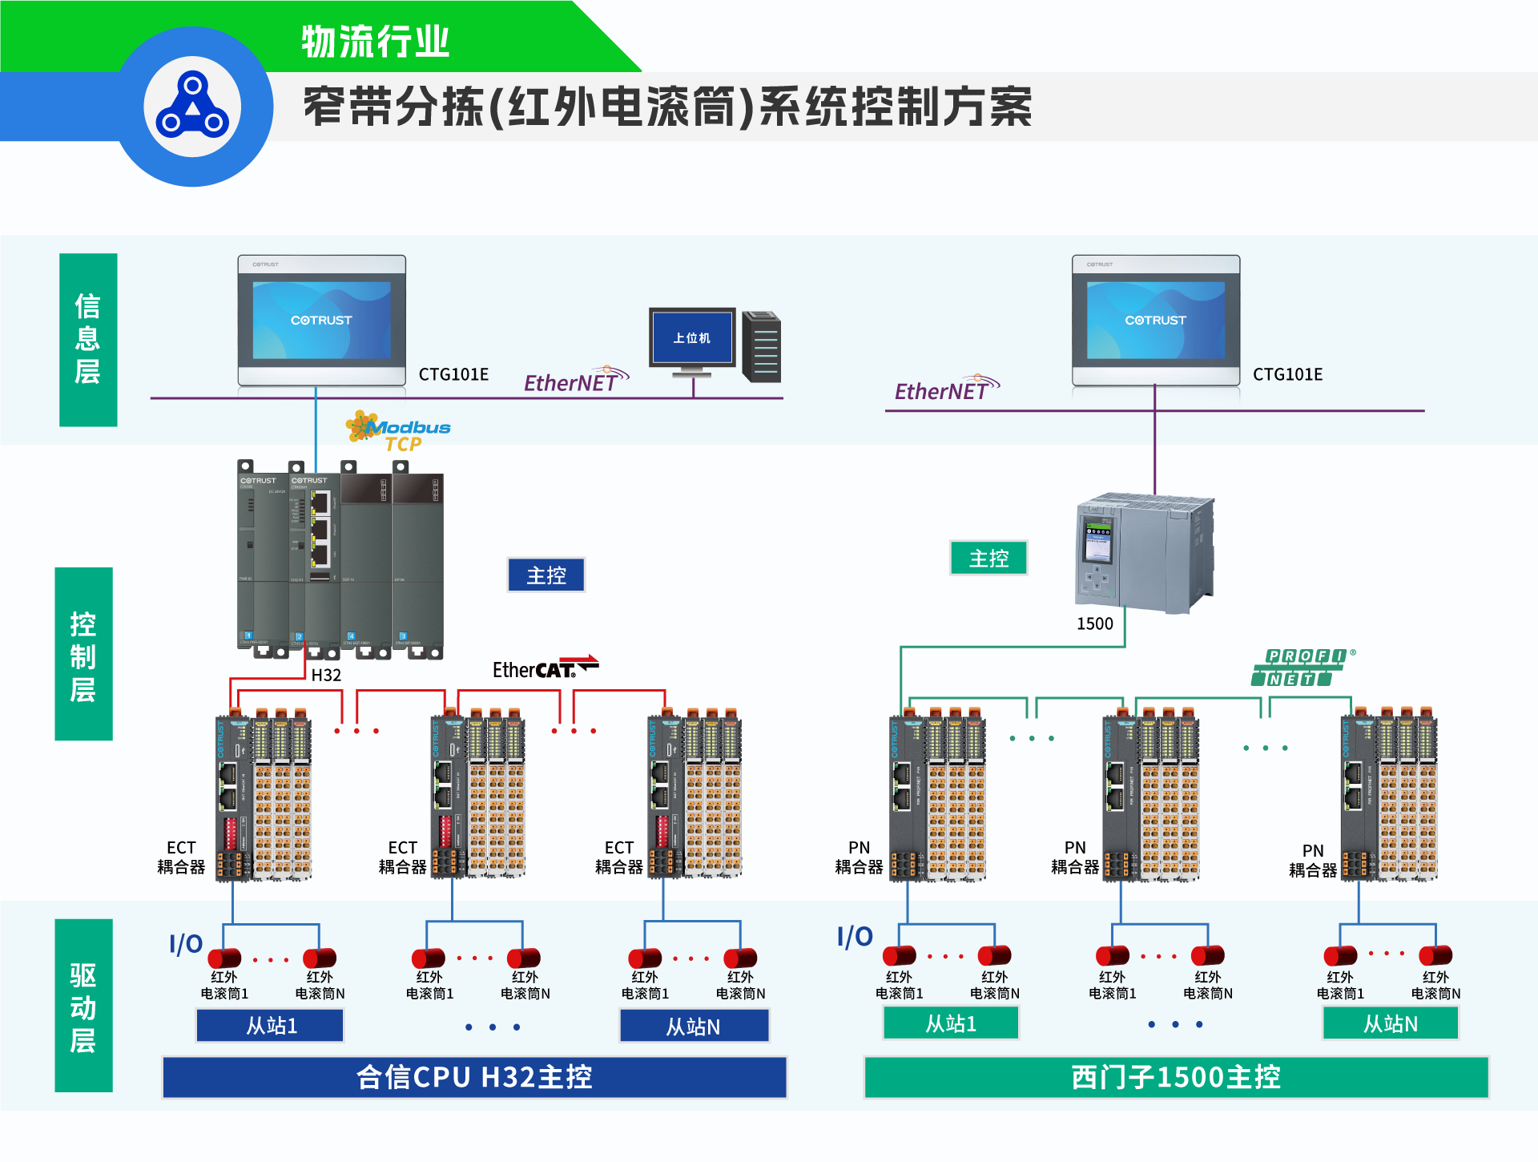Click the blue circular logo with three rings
192,107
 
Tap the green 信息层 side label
88,340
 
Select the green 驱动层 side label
83,1006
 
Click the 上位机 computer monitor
692,338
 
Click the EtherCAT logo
545,668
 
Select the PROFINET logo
1302,668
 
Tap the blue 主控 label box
546,575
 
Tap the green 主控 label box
988,558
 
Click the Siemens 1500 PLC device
1144,553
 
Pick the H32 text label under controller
326,675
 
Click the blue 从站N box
694,1026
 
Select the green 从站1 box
951,1023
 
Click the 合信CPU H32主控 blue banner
474,1077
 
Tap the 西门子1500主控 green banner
1176,1077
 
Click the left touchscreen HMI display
322,321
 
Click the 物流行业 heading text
375,42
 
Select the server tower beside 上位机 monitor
762,347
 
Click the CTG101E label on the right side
1287,374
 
